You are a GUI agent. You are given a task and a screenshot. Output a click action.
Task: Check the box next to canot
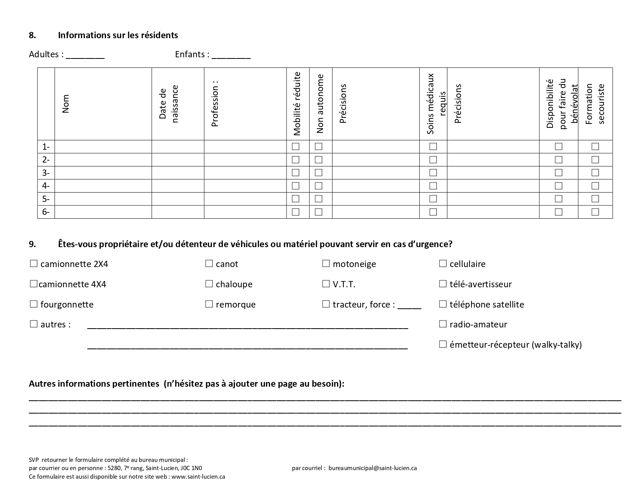(x=209, y=264)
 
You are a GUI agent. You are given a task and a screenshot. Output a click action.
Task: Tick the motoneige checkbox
(x=326, y=264)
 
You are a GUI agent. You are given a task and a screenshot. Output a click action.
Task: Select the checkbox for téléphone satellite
(x=443, y=304)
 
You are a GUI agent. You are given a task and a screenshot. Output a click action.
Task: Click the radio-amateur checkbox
(x=443, y=324)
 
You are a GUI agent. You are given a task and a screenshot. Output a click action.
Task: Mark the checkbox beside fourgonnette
(x=34, y=304)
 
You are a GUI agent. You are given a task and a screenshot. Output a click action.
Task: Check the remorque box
(x=209, y=304)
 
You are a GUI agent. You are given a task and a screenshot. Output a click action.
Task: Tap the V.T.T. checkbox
(x=326, y=284)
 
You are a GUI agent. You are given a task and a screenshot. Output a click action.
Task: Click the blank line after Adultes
(x=85, y=55)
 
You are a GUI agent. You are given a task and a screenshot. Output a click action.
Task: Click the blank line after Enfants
(x=231, y=55)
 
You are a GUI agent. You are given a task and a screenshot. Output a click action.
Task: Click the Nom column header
(x=65, y=104)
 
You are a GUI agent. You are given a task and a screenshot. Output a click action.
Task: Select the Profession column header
(x=215, y=104)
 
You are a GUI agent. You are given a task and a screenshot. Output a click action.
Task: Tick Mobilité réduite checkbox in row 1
(x=296, y=147)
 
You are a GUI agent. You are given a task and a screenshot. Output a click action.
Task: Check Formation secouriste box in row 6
(x=595, y=212)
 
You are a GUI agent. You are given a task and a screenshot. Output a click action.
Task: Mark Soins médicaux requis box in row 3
(x=433, y=173)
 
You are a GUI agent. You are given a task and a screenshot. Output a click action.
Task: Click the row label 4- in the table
(x=46, y=186)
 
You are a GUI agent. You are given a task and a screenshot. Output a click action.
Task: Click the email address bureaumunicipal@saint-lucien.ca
(x=373, y=468)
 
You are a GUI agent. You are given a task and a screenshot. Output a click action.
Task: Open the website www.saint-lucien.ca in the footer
(x=198, y=476)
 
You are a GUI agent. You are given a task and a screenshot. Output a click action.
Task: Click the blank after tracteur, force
(x=409, y=306)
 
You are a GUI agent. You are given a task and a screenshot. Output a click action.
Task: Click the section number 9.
(x=32, y=244)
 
